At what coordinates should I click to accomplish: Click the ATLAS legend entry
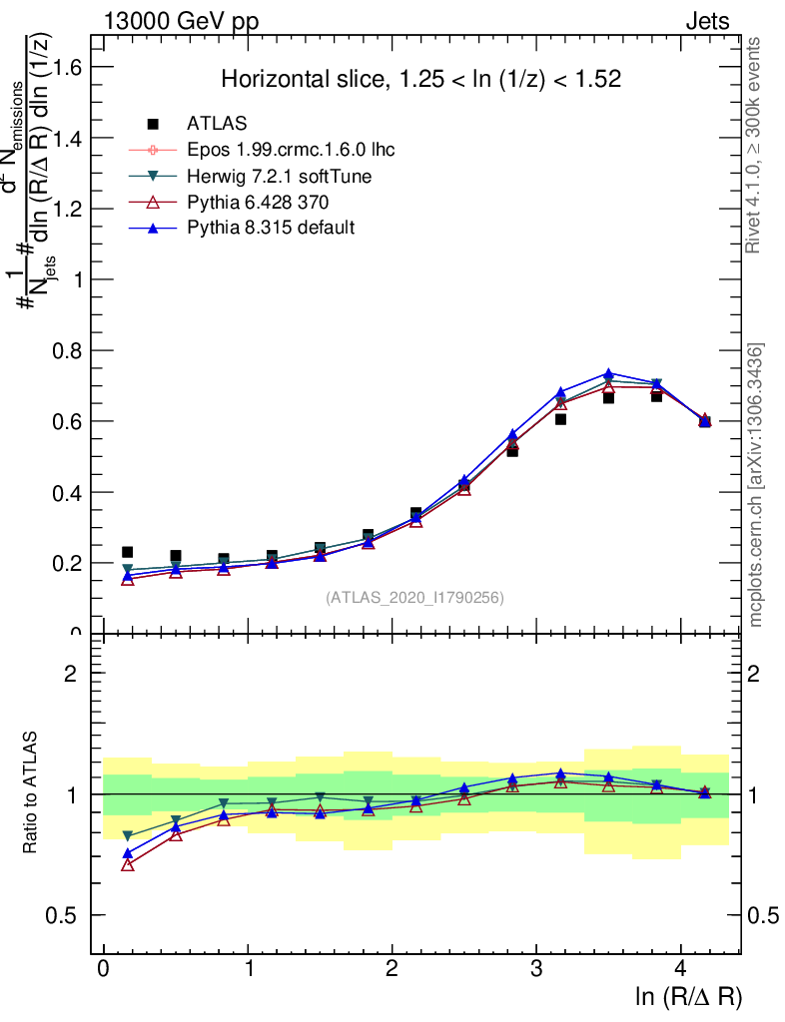(215, 124)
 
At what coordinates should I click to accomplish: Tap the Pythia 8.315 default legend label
(270, 228)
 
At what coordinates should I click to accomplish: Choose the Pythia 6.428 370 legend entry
(258, 202)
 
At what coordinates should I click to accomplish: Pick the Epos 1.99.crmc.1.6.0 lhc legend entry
(291, 150)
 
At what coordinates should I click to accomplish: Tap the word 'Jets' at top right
(707, 22)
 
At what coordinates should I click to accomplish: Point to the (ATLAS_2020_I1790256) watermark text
(413, 598)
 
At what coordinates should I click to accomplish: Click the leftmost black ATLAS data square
(127, 552)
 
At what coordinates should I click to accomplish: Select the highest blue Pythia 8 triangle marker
(608, 374)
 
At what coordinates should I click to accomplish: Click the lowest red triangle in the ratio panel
(127, 864)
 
